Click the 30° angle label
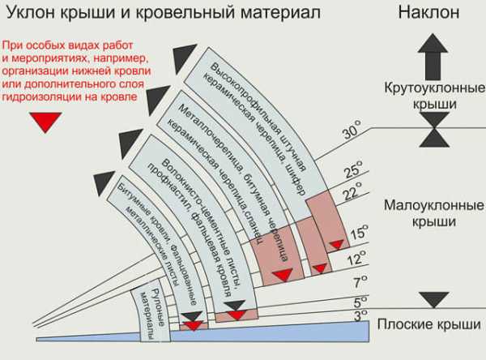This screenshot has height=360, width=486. click(352, 130)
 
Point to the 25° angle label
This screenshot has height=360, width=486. click(353, 169)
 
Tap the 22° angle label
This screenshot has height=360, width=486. click(352, 191)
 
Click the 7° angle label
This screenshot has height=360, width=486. click(360, 282)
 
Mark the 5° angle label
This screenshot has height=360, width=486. click(360, 302)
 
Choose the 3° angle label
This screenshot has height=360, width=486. click(360, 315)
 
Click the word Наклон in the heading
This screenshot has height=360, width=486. click(428, 12)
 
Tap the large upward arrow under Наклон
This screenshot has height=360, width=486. click(433, 57)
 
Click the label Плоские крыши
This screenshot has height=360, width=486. click(429, 325)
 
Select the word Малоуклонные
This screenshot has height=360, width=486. click(433, 206)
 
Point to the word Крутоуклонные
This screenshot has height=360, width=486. click(434, 88)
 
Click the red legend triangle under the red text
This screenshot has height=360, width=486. click(45, 122)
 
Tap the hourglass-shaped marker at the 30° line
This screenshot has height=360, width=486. click(434, 130)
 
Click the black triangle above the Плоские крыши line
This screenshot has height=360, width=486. click(434, 300)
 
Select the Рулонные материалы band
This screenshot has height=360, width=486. click(152, 314)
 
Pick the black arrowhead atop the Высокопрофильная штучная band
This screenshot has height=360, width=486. click(184, 58)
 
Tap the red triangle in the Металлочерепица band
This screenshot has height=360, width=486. click(283, 275)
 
